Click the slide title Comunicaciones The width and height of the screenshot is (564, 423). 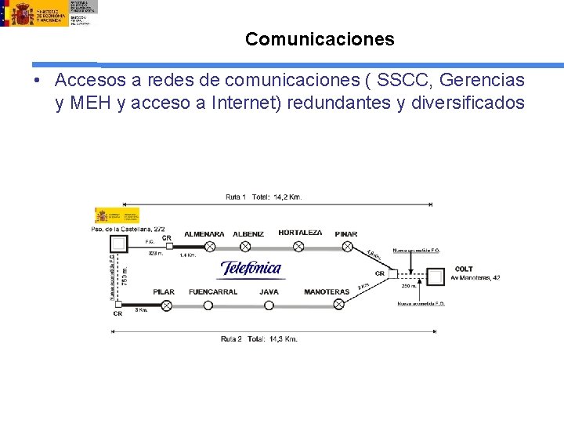tap(320, 39)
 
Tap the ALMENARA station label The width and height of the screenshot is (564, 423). tap(204, 233)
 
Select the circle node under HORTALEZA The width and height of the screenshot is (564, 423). tap(298, 247)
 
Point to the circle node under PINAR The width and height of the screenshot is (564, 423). tap(347, 247)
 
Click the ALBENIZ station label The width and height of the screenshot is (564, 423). tap(248, 233)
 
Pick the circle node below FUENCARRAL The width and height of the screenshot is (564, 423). tap(208, 305)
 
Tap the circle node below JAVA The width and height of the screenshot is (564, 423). tap(269, 305)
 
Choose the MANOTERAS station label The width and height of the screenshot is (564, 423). tap(327, 292)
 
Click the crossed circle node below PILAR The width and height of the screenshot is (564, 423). tap(164, 305)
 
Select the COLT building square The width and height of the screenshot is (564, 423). tap(436, 276)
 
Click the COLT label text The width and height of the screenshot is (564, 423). tap(464, 269)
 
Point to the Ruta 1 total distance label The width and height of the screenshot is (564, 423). tap(263, 197)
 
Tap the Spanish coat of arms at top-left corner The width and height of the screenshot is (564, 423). tap(20, 13)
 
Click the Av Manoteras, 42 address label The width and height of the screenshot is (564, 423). tap(475, 278)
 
